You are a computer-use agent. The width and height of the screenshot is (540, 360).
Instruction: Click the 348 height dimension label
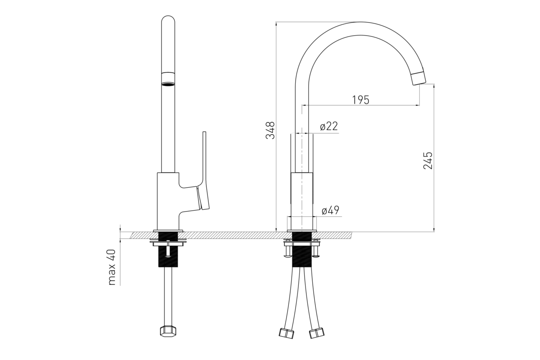click(x=270, y=130)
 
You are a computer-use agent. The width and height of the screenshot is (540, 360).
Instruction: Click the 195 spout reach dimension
click(x=360, y=100)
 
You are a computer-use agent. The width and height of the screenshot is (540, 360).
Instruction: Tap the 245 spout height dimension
click(x=428, y=161)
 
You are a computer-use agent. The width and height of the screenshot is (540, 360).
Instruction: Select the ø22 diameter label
click(x=329, y=126)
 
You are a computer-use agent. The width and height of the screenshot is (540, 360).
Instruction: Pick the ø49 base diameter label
click(x=330, y=210)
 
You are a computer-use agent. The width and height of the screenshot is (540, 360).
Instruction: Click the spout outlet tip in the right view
click(x=418, y=78)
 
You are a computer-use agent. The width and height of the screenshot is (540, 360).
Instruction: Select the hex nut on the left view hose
click(x=168, y=331)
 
